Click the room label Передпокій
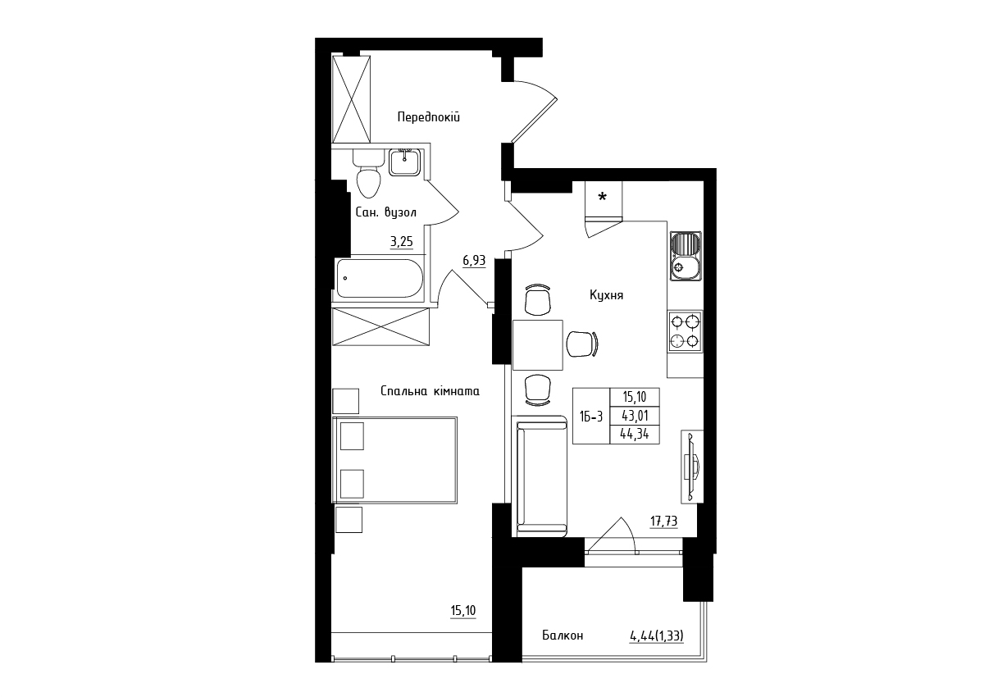click(428, 117)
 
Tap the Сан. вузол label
click(385, 212)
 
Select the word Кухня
click(606, 295)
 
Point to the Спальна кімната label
click(430, 391)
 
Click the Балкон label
click(563, 635)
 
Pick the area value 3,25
click(94, 242)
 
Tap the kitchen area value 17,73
click(663, 522)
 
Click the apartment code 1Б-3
click(591, 417)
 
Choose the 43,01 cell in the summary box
click(635, 416)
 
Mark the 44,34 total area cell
click(635, 435)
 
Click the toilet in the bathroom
click(368, 175)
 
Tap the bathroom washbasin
click(404, 162)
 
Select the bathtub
click(380, 279)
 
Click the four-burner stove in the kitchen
click(686, 331)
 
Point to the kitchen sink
click(686, 256)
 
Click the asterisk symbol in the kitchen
click(603, 196)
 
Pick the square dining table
click(538, 345)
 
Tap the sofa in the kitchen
click(542, 476)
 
